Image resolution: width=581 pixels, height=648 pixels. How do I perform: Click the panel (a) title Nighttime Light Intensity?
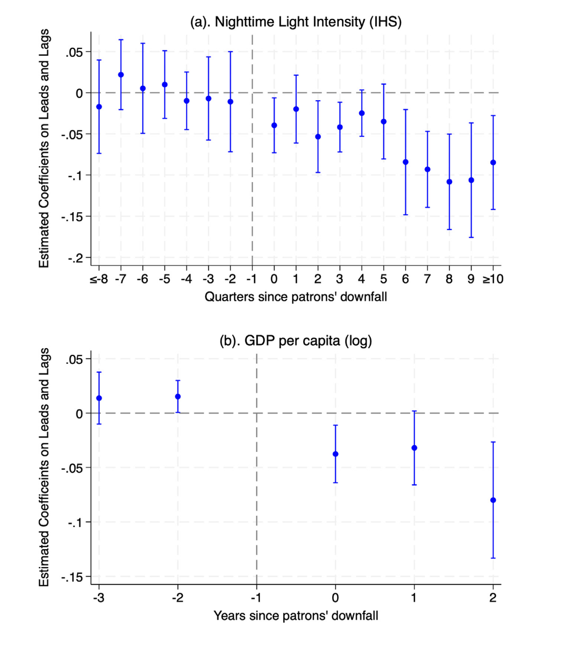(x=296, y=22)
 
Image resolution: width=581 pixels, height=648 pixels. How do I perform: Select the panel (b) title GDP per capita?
(x=296, y=341)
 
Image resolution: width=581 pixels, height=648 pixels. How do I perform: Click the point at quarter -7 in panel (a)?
(x=121, y=75)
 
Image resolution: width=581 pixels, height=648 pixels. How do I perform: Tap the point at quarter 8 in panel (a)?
(x=449, y=182)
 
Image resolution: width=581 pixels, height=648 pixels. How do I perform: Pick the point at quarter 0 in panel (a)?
(x=274, y=125)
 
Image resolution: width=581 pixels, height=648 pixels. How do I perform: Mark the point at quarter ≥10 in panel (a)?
(x=493, y=163)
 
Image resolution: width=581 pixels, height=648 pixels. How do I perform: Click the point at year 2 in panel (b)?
(x=493, y=500)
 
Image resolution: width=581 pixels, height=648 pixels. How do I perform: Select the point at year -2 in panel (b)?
(x=178, y=397)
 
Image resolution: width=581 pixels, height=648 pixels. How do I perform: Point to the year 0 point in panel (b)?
(x=336, y=454)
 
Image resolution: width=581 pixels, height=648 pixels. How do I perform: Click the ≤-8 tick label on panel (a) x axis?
(x=99, y=279)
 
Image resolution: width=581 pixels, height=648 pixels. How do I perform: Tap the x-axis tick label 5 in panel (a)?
(x=383, y=279)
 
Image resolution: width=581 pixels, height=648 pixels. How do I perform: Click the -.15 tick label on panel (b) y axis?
(x=72, y=577)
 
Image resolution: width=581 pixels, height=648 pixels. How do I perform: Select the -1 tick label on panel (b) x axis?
(x=256, y=598)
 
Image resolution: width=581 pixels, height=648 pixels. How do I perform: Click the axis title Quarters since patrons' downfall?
(x=296, y=297)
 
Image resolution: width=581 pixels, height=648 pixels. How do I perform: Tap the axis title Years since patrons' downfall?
(x=296, y=616)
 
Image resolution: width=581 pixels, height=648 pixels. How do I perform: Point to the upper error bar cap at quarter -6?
(x=143, y=43)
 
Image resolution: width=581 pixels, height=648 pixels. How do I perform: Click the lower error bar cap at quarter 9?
(x=471, y=237)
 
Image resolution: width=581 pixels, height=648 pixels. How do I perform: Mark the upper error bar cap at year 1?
(x=414, y=411)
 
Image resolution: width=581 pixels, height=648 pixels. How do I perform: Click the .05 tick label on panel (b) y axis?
(x=75, y=359)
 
